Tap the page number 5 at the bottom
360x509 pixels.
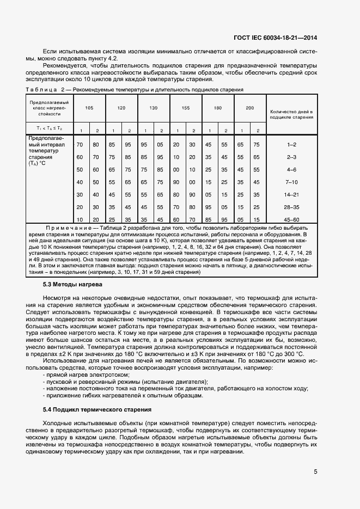(315, 471)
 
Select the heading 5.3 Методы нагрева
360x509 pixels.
(72, 284)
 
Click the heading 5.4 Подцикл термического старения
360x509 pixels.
(97, 409)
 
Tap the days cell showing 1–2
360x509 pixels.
(291, 144)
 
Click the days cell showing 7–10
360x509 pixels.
(291, 182)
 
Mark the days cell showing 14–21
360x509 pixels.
(291, 194)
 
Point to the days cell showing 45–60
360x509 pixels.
(291, 219)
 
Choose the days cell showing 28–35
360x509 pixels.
(291, 207)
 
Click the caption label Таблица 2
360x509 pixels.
(45, 89)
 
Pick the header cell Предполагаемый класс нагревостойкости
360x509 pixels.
(49, 108)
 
